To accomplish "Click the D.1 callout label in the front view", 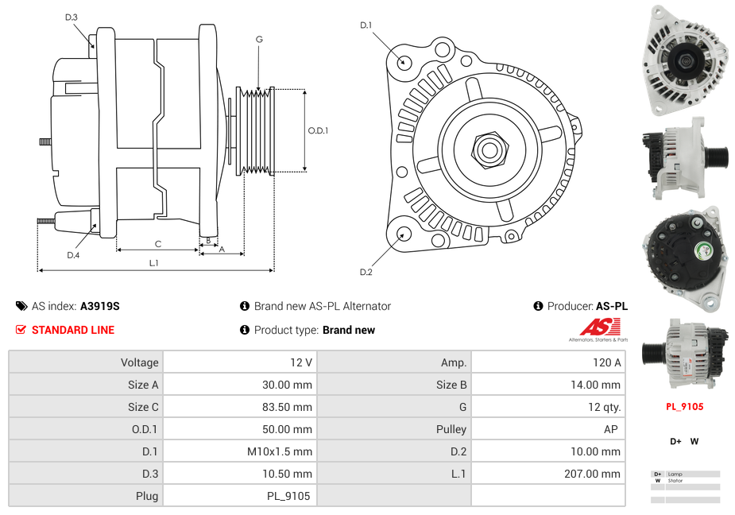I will [366, 25].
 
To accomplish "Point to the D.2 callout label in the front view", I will [366, 273].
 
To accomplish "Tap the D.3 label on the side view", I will [72, 17].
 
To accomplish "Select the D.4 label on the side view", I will [73, 255].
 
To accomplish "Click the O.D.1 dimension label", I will [318, 131].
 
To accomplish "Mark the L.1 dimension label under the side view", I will [154, 262].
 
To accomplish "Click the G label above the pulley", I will [259, 39].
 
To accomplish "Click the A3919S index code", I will [99, 306].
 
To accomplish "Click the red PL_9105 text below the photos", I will [684, 406].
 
